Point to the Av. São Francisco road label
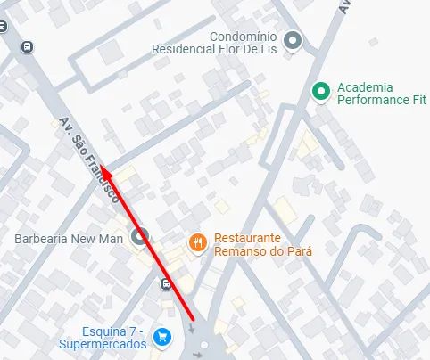88,160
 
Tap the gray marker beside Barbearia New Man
139,237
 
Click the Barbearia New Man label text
69,239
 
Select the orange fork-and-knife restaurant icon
198,241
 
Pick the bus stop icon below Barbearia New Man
167,284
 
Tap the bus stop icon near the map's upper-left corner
28,46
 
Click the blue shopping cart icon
161,336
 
